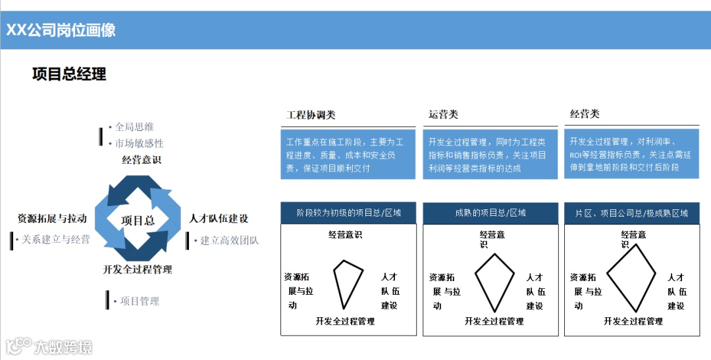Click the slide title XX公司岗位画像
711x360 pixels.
point(61,30)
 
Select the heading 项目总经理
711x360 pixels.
point(69,74)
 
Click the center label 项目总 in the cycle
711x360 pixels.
point(138,220)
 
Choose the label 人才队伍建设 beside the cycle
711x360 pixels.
point(219,219)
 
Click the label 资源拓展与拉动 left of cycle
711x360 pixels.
point(52,219)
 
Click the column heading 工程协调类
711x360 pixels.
point(311,115)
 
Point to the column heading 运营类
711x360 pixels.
point(443,115)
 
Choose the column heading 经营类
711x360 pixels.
point(585,114)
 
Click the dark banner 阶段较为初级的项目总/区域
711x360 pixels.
point(348,213)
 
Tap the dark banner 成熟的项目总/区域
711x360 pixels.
point(490,213)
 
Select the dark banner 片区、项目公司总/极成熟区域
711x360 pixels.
point(631,213)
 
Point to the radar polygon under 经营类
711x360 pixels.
point(631,276)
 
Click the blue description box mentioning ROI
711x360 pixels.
point(631,155)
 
